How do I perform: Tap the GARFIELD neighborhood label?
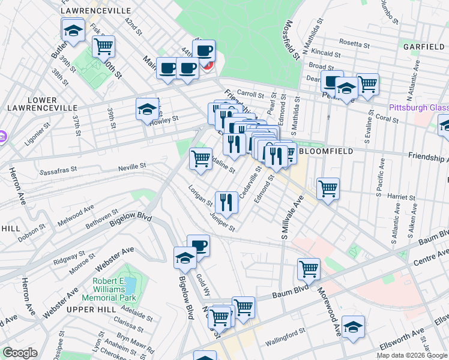[423, 47]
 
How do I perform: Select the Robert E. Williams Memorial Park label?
[115, 289]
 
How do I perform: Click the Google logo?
[20, 353]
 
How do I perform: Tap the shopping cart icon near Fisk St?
[103, 45]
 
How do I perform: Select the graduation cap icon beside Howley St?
[146, 110]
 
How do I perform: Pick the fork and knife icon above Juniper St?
[226, 202]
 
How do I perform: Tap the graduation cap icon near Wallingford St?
[354, 327]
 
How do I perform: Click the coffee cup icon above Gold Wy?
[198, 245]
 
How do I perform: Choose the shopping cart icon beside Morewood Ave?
[309, 269]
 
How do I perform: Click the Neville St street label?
[132, 166]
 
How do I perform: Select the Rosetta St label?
[354, 43]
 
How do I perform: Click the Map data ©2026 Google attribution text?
[411, 355]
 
